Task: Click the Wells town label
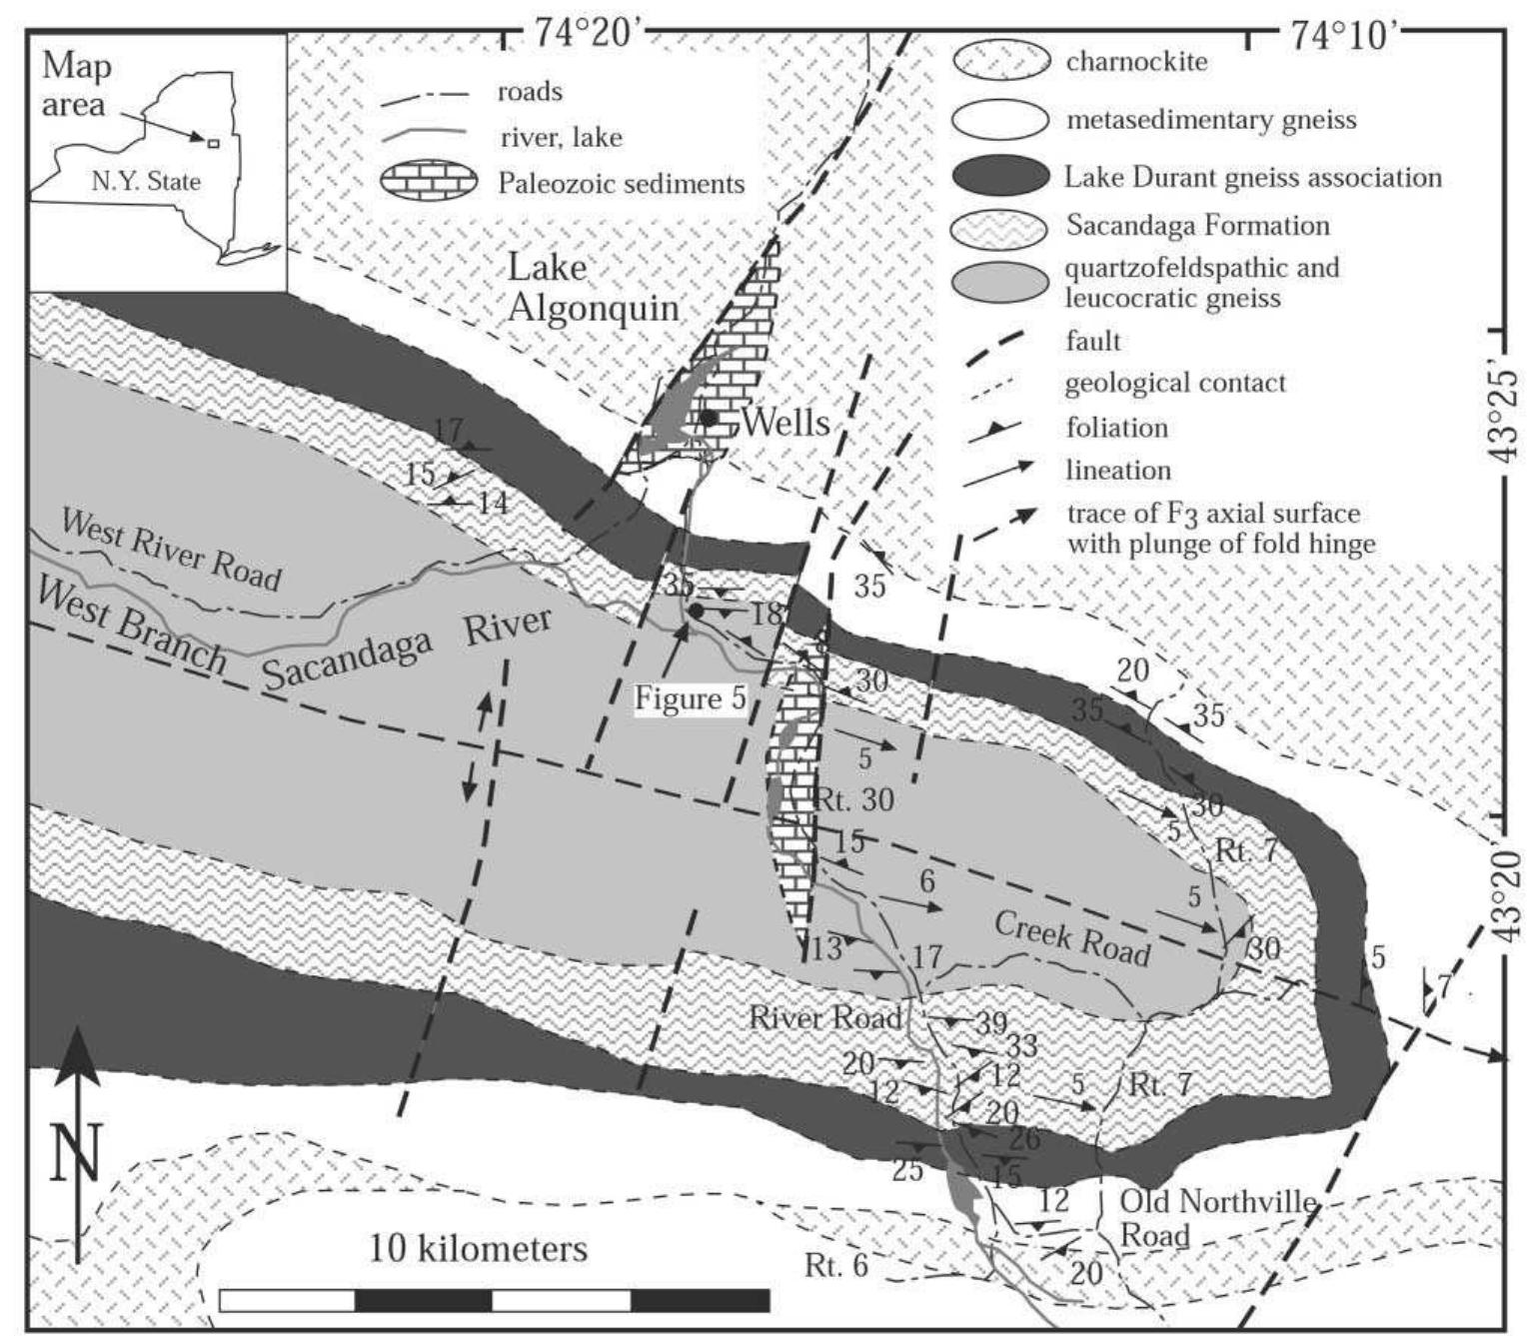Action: pyautogui.click(x=784, y=422)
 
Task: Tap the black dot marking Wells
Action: pyautogui.click(x=708, y=417)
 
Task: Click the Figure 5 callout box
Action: pyautogui.click(x=690, y=698)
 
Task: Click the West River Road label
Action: pyautogui.click(x=172, y=549)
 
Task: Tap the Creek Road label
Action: pyautogui.click(x=1071, y=938)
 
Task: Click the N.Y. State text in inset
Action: pyautogui.click(x=146, y=181)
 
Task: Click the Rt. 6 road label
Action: pyautogui.click(x=836, y=1265)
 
